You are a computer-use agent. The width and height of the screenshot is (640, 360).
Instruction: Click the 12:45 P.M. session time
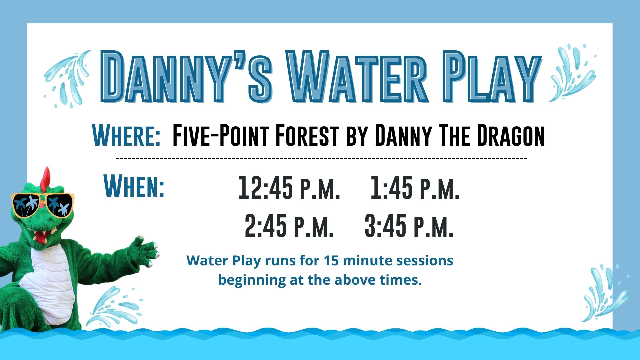tap(289, 188)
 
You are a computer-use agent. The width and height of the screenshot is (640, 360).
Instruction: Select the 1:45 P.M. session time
tap(415, 188)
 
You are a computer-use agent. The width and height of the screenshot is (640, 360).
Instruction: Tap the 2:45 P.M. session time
tap(289, 226)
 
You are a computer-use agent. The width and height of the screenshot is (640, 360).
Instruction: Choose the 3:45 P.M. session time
tap(409, 226)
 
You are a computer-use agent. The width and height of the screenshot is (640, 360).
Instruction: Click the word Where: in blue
tap(126, 135)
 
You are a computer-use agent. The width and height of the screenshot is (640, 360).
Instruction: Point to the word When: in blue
tap(134, 186)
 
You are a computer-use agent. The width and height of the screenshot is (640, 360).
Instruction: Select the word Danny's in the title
tap(186, 77)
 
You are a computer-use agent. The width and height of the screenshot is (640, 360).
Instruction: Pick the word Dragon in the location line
tap(510, 135)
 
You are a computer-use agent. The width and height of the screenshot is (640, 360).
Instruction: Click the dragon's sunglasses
tap(42, 205)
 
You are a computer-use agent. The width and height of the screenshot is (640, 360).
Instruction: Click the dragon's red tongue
tap(40, 238)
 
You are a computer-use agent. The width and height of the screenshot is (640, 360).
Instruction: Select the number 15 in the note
tap(331, 260)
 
